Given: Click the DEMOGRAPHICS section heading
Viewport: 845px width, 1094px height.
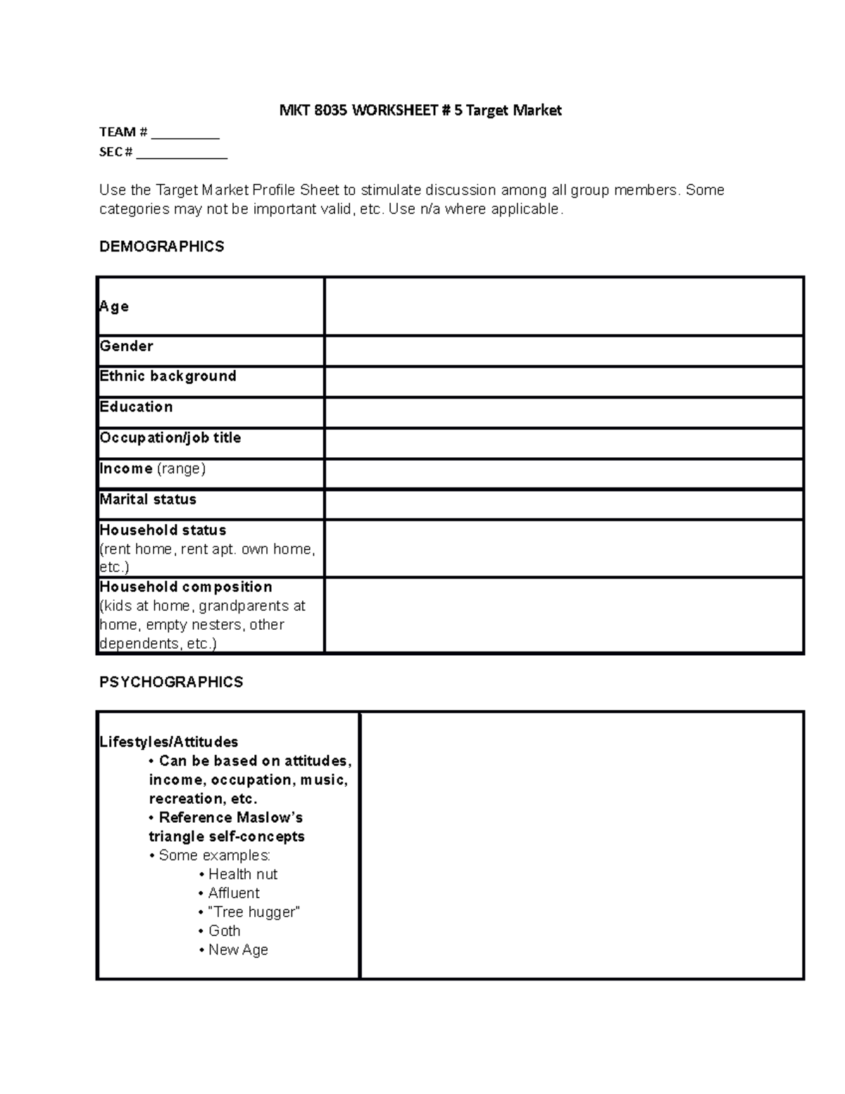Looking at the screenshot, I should point(161,247).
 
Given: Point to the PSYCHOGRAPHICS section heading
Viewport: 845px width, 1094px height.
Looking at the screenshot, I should point(171,682).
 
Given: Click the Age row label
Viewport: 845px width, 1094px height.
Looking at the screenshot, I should point(114,306).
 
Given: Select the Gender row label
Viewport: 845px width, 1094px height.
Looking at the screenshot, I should point(126,346).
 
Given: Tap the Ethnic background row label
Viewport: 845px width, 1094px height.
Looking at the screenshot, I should point(168,376).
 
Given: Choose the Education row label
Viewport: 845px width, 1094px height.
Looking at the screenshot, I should point(136,407).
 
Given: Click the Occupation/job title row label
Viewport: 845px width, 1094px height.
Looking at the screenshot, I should point(170,437).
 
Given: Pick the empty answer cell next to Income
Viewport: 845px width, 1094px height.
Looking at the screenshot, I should point(563,474).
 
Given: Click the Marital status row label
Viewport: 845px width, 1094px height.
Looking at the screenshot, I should point(148,499).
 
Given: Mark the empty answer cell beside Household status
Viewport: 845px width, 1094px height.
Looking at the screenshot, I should point(563,549).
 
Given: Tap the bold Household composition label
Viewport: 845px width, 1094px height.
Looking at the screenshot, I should point(186,587).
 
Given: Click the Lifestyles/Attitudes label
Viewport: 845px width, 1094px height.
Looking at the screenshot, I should point(169,742).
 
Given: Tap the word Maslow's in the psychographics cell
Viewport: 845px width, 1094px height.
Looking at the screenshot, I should point(270,818).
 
